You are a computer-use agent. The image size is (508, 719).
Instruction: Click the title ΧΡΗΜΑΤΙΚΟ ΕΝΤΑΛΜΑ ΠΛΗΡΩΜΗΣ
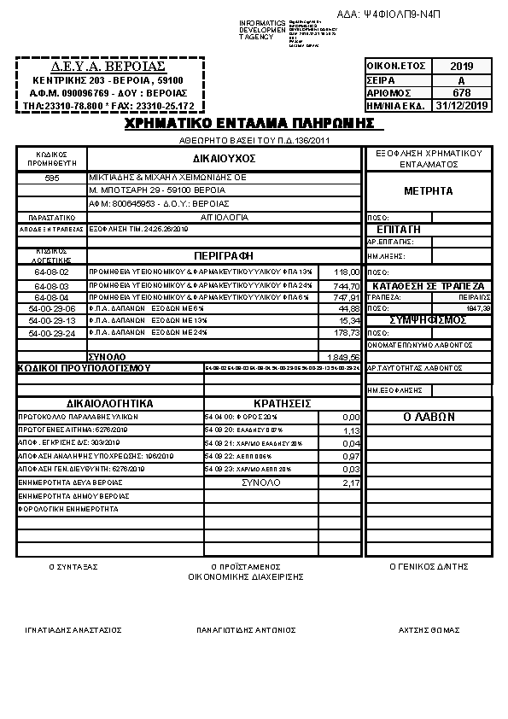249,124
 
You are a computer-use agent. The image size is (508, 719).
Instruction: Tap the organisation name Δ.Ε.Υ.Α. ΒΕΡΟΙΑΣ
108,66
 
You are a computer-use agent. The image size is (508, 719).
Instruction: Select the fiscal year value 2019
460,66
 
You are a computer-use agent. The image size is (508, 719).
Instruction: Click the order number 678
461,92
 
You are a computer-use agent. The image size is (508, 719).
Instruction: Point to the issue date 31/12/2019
461,105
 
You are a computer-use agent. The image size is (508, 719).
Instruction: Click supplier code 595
52,178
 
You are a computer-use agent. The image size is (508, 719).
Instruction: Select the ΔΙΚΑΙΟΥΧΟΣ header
224,158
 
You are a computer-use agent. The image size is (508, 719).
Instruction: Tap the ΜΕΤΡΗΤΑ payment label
428,190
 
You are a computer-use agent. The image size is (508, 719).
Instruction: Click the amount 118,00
347,272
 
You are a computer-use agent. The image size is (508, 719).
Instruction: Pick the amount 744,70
347,285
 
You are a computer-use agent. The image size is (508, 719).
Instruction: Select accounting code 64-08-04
52,296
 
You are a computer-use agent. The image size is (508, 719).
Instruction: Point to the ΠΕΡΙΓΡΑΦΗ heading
224,254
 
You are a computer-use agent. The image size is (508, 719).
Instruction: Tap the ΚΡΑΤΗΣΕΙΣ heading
282,402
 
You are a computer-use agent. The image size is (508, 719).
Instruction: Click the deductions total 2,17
351,482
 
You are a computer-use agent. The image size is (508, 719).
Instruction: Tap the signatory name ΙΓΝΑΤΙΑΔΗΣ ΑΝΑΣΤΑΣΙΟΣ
73,629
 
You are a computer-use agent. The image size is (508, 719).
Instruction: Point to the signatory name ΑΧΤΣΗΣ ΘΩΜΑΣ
429,629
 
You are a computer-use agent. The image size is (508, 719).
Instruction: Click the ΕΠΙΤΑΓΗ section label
398,230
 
